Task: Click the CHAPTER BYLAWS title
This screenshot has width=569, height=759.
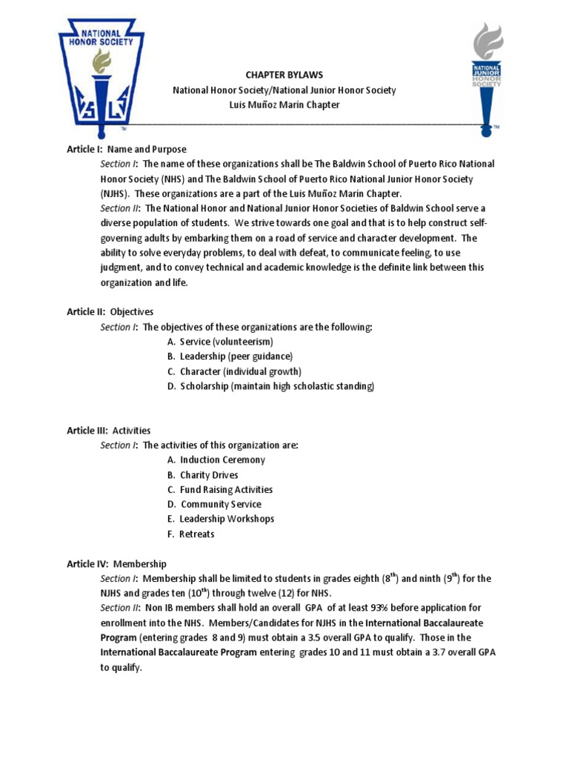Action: point(284,75)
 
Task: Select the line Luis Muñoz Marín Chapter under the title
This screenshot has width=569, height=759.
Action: point(284,105)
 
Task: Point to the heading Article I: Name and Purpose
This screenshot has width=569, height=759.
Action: point(127,149)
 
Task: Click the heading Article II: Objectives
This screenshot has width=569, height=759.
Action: point(110,312)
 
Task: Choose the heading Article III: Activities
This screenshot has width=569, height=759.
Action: point(109,430)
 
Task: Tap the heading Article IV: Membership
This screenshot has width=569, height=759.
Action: point(116,563)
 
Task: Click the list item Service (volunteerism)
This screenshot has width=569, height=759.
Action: point(226,342)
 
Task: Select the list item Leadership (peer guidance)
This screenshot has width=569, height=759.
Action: point(236,357)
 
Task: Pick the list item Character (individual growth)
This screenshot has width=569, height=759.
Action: point(240,371)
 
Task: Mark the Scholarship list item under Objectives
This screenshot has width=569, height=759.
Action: point(276,386)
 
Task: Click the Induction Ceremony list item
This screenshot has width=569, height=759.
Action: point(222,460)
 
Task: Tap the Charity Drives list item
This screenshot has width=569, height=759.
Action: point(209,474)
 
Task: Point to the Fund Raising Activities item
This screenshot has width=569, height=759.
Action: point(226,489)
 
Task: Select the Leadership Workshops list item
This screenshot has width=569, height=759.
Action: point(226,519)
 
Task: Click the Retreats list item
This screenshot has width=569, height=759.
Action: point(196,534)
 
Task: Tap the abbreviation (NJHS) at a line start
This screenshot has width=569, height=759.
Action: point(116,193)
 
